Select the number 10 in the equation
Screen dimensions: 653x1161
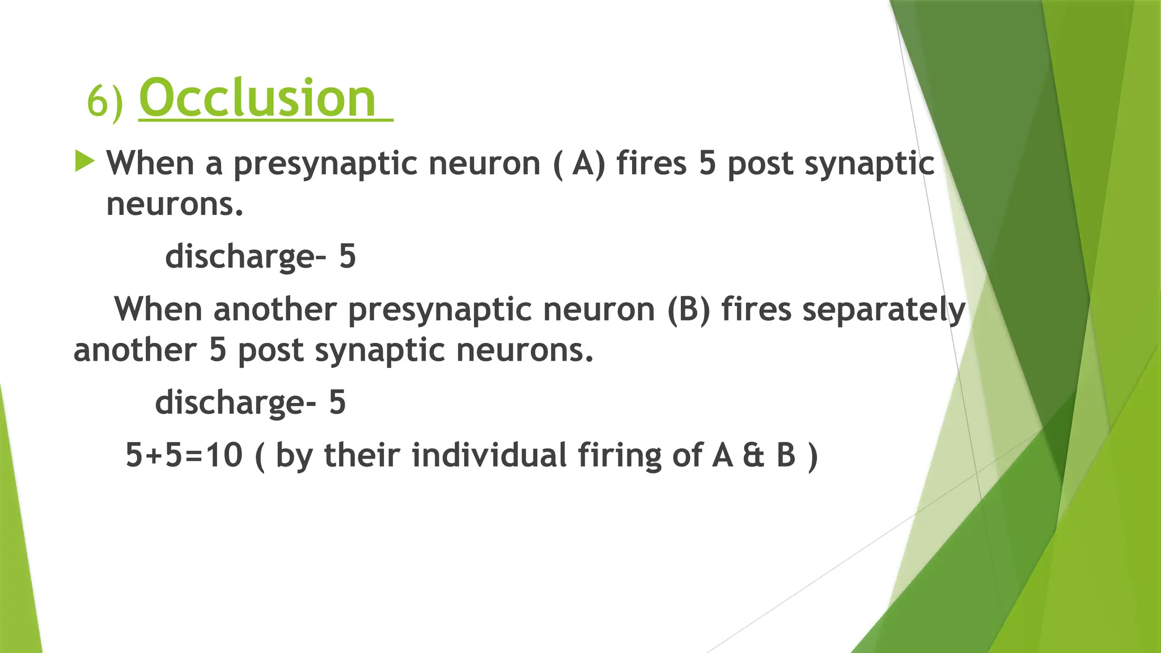click(x=224, y=455)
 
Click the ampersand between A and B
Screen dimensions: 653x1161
click(x=753, y=455)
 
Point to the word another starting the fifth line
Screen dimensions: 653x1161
click(x=135, y=350)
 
